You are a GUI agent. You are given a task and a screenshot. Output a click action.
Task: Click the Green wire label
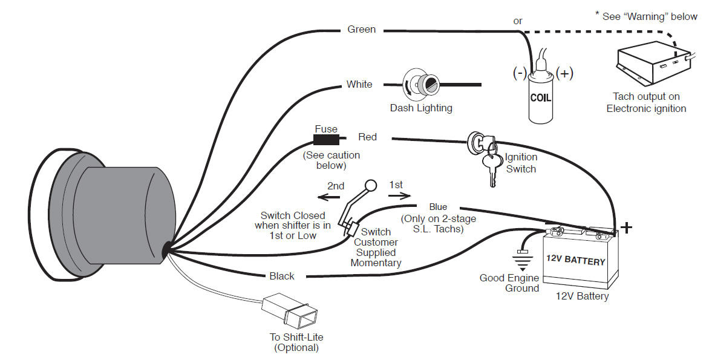[361, 29]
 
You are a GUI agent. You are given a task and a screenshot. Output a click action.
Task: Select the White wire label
[359, 84]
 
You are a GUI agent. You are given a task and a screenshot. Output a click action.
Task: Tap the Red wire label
[367, 137]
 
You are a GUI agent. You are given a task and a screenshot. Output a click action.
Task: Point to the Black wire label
[282, 276]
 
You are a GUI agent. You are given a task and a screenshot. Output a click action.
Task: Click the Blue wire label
[438, 207]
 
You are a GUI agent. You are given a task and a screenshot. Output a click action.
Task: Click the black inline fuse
[326, 141]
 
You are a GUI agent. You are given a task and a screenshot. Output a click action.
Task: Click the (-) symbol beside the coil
[519, 73]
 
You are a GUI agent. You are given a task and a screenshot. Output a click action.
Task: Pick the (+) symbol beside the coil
[564, 73]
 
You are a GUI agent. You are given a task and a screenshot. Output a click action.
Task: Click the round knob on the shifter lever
[370, 186]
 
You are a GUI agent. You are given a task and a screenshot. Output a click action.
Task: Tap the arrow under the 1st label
[399, 195]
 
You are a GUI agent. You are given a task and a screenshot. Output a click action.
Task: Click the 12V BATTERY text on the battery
[575, 261]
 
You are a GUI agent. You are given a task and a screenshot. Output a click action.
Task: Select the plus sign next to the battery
[627, 227]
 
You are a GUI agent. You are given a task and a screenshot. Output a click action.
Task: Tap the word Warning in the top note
[648, 17]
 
